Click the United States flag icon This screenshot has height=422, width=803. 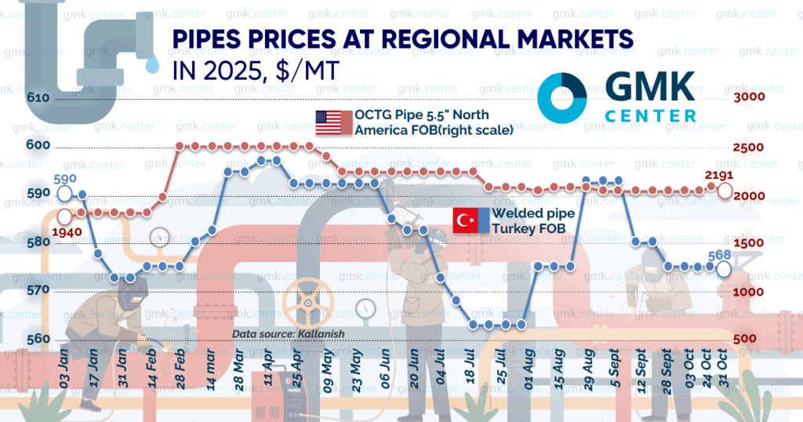click(333, 122)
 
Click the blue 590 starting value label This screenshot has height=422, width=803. click(64, 179)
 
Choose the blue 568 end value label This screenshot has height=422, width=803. click(722, 254)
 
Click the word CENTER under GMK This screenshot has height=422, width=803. click(650, 115)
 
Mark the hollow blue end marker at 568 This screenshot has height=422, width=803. click(725, 269)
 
